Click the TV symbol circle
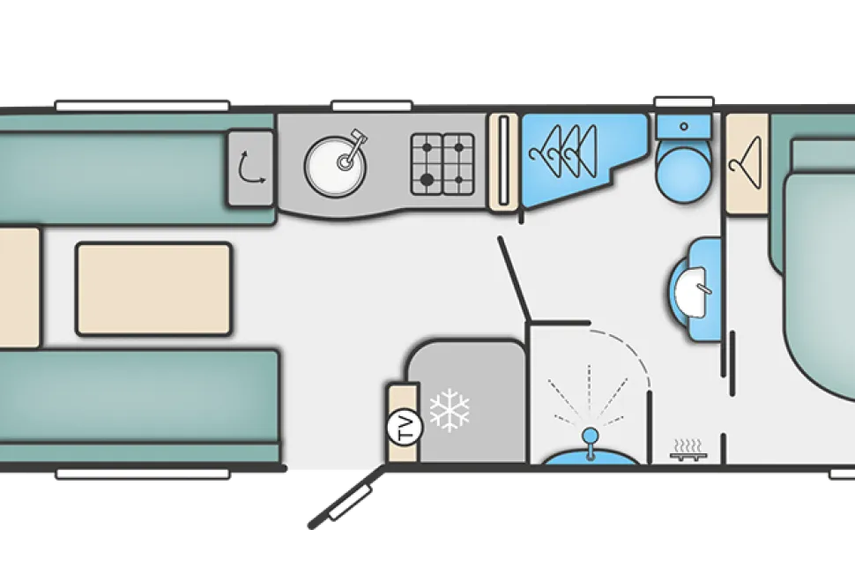[x=404, y=428]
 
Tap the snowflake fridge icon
[x=450, y=410]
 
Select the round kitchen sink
[x=335, y=167]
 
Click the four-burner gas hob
[x=442, y=164]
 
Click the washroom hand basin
[x=691, y=289]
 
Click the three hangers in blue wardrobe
[x=563, y=151]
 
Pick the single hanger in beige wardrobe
[x=746, y=162]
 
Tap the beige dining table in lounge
[x=153, y=288]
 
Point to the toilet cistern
[x=684, y=127]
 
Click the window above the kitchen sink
[x=371, y=106]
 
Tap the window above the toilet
[x=684, y=102]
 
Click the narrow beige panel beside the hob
[x=502, y=162]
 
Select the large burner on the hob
[x=427, y=178]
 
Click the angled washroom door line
[x=513, y=278]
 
